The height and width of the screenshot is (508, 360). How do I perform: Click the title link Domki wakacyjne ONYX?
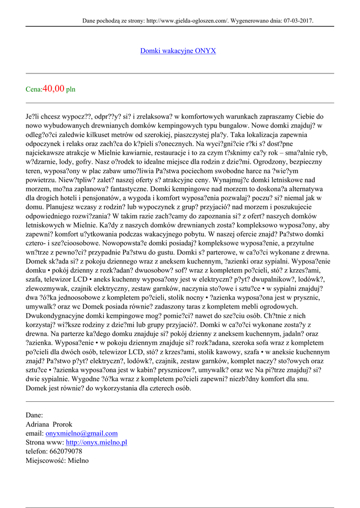(178, 51)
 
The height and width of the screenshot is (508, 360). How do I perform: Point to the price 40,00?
(54, 89)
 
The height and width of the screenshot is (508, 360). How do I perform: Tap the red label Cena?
(34, 90)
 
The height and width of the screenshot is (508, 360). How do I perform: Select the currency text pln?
(71, 90)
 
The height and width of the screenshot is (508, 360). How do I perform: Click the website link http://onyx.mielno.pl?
(96, 442)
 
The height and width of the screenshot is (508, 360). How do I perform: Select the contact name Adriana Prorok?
(49, 424)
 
